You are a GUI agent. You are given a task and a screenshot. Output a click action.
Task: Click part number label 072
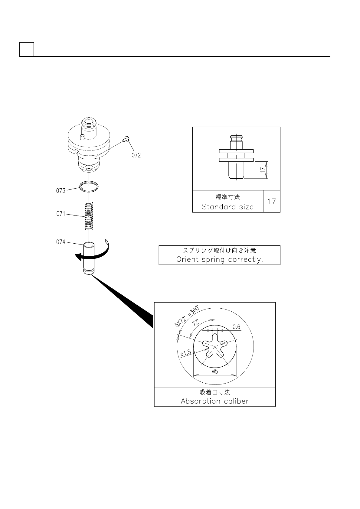136,155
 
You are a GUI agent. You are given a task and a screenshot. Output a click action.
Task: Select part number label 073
61,191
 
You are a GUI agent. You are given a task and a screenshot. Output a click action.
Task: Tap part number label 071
61,214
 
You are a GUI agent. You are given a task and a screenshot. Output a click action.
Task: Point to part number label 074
61,242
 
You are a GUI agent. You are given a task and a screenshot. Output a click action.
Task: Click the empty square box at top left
27,49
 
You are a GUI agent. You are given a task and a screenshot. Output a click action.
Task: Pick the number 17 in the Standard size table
271,201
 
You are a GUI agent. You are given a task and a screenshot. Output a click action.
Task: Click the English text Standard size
227,207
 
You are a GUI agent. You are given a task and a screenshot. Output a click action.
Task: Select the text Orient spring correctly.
219,259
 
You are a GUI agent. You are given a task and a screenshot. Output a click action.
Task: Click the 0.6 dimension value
236,327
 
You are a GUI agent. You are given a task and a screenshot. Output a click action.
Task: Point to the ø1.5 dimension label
186,352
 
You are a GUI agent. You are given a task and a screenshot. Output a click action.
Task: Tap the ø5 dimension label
215,371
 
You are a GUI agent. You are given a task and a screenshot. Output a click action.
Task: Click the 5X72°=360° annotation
187,316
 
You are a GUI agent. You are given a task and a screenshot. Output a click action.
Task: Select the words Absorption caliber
214,401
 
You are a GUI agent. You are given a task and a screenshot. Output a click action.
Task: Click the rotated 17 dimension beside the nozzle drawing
263,170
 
